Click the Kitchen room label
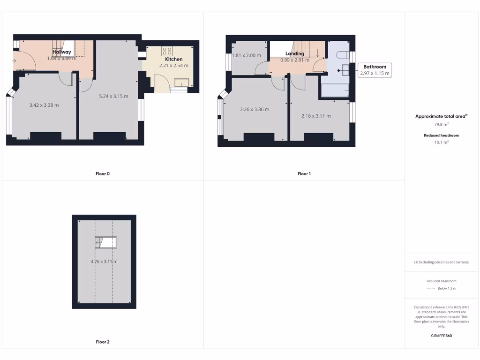tap(173, 59)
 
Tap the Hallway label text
tap(62, 52)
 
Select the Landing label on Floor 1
tap(295, 53)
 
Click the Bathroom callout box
tap(375, 70)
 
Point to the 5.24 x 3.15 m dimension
tap(113, 96)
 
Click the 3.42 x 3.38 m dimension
tap(44, 105)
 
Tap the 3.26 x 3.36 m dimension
tap(255, 109)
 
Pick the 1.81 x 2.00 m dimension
tap(247, 55)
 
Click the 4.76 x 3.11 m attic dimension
tap(104, 262)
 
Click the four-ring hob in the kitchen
tap(167, 51)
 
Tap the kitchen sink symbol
tap(180, 83)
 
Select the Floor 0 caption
tap(103, 173)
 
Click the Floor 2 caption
tap(103, 342)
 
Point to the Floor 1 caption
tap(304, 173)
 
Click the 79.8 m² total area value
tap(442, 125)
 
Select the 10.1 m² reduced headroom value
tap(442, 142)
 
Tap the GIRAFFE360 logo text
tap(442, 336)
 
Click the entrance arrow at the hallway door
tap(14, 60)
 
